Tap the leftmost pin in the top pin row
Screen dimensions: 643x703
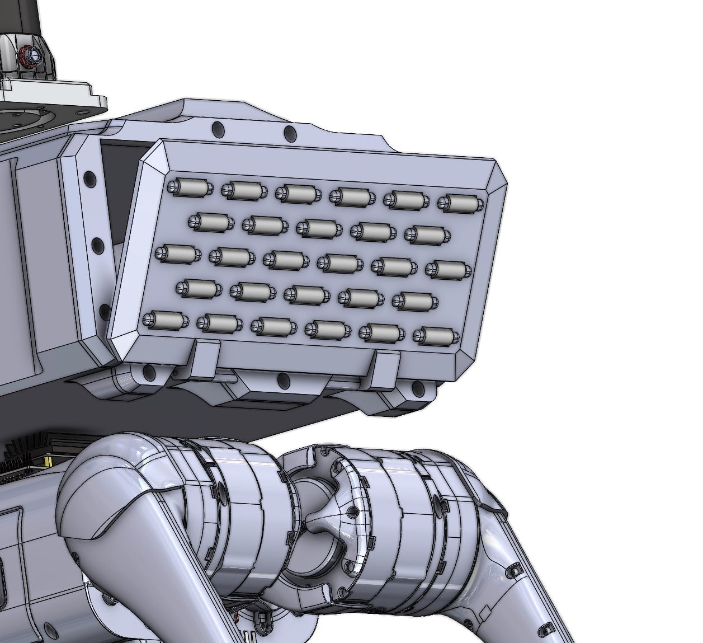tap(190, 187)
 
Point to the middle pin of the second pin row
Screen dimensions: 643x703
tap(319, 228)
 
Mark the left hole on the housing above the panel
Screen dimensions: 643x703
tap(218, 130)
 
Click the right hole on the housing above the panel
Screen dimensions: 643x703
tap(290, 134)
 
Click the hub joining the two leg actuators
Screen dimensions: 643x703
tap(319, 520)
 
